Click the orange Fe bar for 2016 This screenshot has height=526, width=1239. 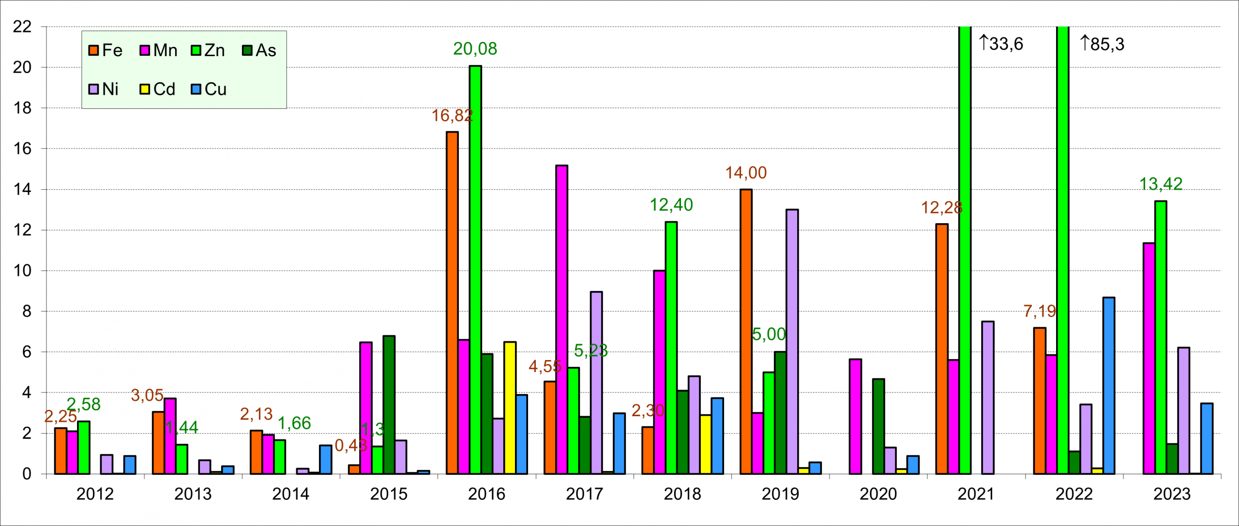(x=452, y=302)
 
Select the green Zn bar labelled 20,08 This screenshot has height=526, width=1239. (x=475, y=270)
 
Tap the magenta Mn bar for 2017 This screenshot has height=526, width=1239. (x=561, y=319)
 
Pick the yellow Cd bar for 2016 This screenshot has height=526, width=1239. (x=510, y=407)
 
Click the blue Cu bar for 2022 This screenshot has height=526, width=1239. (x=1108, y=385)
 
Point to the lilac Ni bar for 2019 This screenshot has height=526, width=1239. (x=792, y=341)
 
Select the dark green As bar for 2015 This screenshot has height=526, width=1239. (x=389, y=405)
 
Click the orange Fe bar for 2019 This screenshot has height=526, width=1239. (x=746, y=331)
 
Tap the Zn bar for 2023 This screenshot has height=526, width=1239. (x=1160, y=337)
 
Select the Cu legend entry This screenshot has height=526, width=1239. (x=209, y=89)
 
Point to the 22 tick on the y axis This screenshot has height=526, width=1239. (x=22, y=27)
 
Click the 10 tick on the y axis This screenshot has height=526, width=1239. (x=22, y=271)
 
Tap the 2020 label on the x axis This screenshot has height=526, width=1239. (x=878, y=494)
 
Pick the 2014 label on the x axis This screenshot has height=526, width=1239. (x=290, y=494)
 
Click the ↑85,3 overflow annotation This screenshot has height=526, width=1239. (x=1102, y=44)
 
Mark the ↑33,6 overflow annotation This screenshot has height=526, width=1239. (x=1001, y=44)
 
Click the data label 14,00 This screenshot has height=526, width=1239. (x=746, y=173)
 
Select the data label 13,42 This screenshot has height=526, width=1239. (x=1161, y=184)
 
